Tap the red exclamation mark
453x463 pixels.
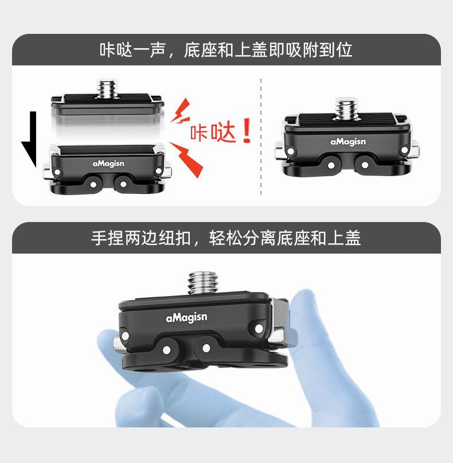pos(247,130)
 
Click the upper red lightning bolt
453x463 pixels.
pos(181,111)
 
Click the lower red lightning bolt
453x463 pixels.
pos(187,159)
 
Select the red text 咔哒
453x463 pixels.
pos(213,133)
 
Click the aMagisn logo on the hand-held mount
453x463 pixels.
pos(186,317)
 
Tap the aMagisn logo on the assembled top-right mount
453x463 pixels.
pos(348,142)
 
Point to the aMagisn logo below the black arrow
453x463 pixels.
pos(108,164)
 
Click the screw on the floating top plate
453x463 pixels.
pos(107,88)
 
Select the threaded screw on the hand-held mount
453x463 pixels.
pos(203,283)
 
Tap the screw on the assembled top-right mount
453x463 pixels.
pos(346,108)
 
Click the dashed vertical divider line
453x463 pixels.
pos(261,137)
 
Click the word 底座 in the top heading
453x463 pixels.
pos(200,49)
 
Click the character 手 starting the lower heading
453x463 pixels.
pos(99,238)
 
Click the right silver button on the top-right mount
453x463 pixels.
pos(415,149)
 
